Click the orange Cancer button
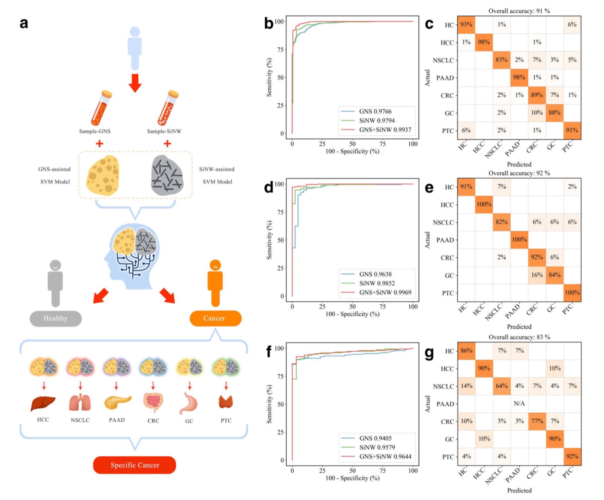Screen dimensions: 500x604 pyautogui.click(x=215, y=318)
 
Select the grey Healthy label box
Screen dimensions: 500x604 pyautogui.click(x=56, y=318)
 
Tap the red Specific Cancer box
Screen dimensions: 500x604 pyautogui.click(x=134, y=465)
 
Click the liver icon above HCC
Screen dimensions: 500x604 pyautogui.click(x=43, y=403)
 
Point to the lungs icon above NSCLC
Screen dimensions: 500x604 pyautogui.click(x=80, y=403)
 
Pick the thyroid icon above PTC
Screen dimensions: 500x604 pyautogui.click(x=226, y=402)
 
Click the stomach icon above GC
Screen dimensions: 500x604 pyautogui.click(x=189, y=403)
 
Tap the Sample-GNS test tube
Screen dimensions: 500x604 pyautogui.click(x=101, y=108)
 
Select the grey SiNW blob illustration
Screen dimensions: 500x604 pyautogui.click(x=167, y=175)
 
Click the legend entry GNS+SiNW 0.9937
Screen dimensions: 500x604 pyautogui.click(x=385, y=130)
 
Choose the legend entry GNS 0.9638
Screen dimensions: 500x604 pyautogui.click(x=375, y=274)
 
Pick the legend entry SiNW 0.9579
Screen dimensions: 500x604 pyautogui.click(x=377, y=447)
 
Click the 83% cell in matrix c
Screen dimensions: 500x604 pyautogui.click(x=501, y=60)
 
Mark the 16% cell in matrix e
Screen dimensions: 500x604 pyautogui.click(x=537, y=275)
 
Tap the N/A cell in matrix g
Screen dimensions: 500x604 pyautogui.click(x=519, y=404)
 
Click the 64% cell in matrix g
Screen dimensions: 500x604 pyautogui.click(x=501, y=386)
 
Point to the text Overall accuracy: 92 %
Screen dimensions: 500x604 pyautogui.click(x=519, y=173)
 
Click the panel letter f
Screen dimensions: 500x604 pyautogui.click(x=269, y=352)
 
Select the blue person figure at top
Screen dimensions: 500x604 pyautogui.click(x=135, y=48)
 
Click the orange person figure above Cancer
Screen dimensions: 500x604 pyautogui.click(x=215, y=283)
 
